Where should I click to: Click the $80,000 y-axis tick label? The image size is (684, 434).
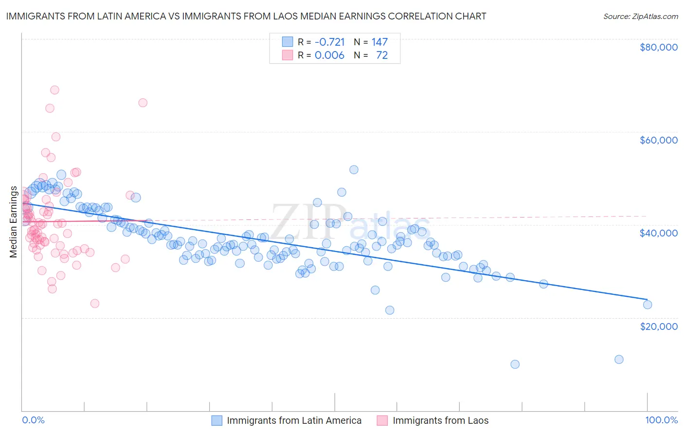(659, 47)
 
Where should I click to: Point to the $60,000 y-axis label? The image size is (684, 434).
(659, 140)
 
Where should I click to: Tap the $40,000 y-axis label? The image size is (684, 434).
(659, 233)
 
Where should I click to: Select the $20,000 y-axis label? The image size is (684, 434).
(659, 326)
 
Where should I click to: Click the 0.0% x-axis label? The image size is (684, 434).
(33, 420)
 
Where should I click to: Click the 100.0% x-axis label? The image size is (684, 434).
(661, 420)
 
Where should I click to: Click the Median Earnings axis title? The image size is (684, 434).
(13, 222)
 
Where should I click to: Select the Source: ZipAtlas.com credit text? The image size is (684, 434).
(640, 16)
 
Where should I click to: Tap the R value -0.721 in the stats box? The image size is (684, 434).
(329, 42)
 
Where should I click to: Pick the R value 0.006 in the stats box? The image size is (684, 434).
(329, 55)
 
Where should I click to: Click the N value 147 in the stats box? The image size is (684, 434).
(379, 42)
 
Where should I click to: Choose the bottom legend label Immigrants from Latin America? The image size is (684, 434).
(294, 421)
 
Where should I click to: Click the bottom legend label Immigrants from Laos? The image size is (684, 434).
(440, 421)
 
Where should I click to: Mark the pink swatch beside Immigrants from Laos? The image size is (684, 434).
(382, 421)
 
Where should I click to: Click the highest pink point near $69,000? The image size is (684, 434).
(54, 90)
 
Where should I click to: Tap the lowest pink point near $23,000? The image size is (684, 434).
(95, 304)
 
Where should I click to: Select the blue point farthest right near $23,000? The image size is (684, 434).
(647, 305)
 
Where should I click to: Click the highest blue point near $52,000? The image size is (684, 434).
(354, 170)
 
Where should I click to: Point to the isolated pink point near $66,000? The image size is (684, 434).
(143, 103)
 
